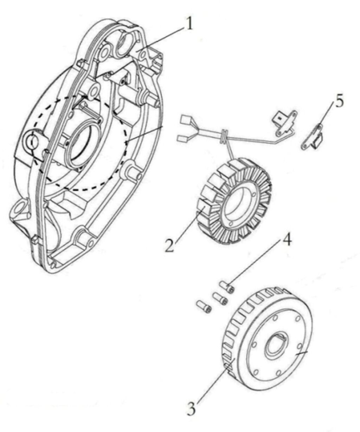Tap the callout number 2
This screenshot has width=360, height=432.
pos(169,245)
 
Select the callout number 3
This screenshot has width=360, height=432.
pos(191,408)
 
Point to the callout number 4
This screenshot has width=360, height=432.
pos(287,240)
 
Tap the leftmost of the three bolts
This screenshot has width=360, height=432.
pos(204,307)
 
